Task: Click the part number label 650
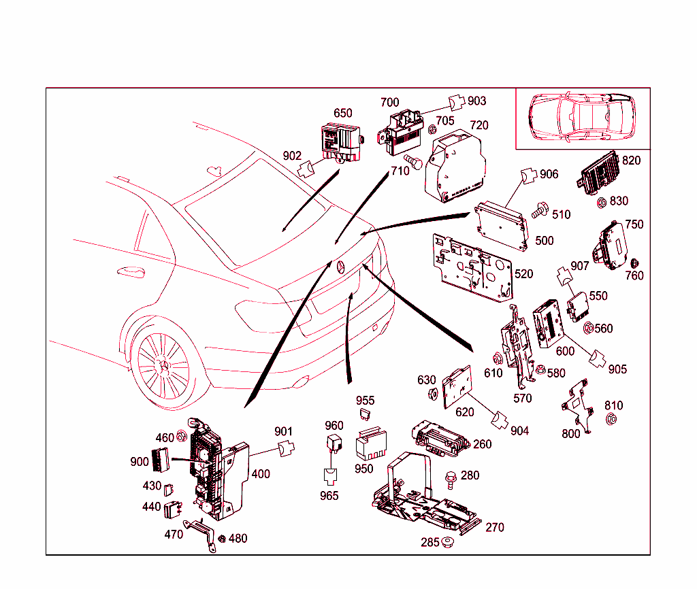[x=343, y=113]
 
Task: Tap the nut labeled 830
[x=602, y=202]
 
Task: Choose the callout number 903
[x=477, y=101]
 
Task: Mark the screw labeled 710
[x=413, y=161]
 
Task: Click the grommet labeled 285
[x=447, y=543]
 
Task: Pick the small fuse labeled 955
[x=366, y=414]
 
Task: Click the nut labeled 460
[x=182, y=435]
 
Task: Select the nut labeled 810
[x=611, y=420]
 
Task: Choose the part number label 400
[x=261, y=474]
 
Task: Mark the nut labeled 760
[x=634, y=264]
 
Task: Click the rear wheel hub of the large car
[x=163, y=365]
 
